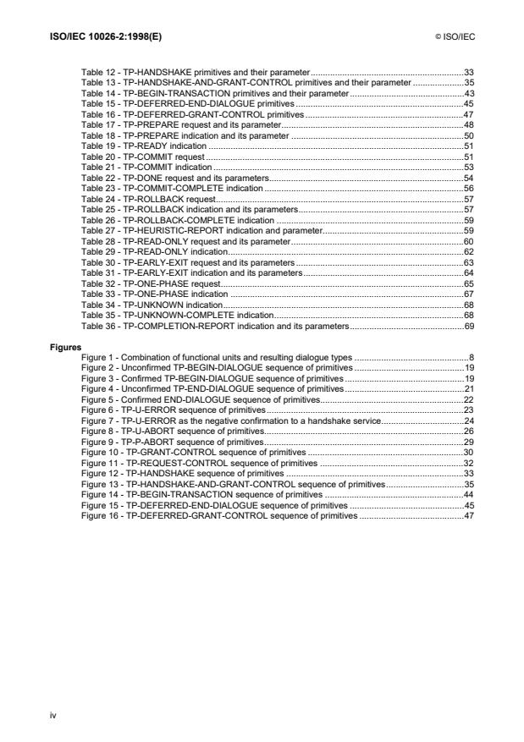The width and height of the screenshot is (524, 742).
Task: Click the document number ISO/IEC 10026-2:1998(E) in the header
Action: coord(96,39)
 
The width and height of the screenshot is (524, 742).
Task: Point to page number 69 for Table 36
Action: coord(468,325)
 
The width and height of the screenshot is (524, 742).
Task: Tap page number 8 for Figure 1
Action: coord(471,358)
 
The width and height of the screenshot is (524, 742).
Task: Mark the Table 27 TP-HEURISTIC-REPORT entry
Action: coord(201,229)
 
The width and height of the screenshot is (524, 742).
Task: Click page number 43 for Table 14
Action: coord(468,96)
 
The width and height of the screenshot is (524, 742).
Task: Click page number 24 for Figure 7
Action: coord(468,420)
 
